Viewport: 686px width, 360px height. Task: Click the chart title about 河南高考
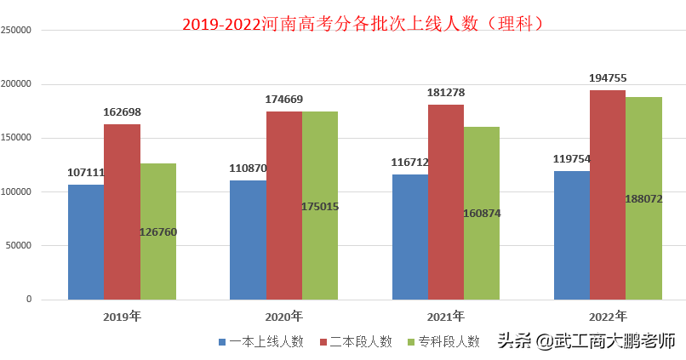pos(363,23)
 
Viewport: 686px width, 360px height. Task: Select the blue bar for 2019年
pos(86,242)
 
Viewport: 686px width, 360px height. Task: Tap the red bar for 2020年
pos(283,205)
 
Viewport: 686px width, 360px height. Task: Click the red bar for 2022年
pos(608,195)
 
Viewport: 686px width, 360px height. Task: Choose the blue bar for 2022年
pos(571,235)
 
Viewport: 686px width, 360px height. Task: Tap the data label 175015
pos(320,206)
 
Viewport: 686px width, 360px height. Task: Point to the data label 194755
pos(608,78)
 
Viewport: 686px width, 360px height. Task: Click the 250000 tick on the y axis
pos(16,31)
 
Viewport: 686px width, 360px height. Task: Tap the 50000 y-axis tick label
pos(19,246)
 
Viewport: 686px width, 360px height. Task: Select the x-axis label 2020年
pos(283,316)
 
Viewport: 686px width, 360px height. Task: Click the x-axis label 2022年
pos(608,316)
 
